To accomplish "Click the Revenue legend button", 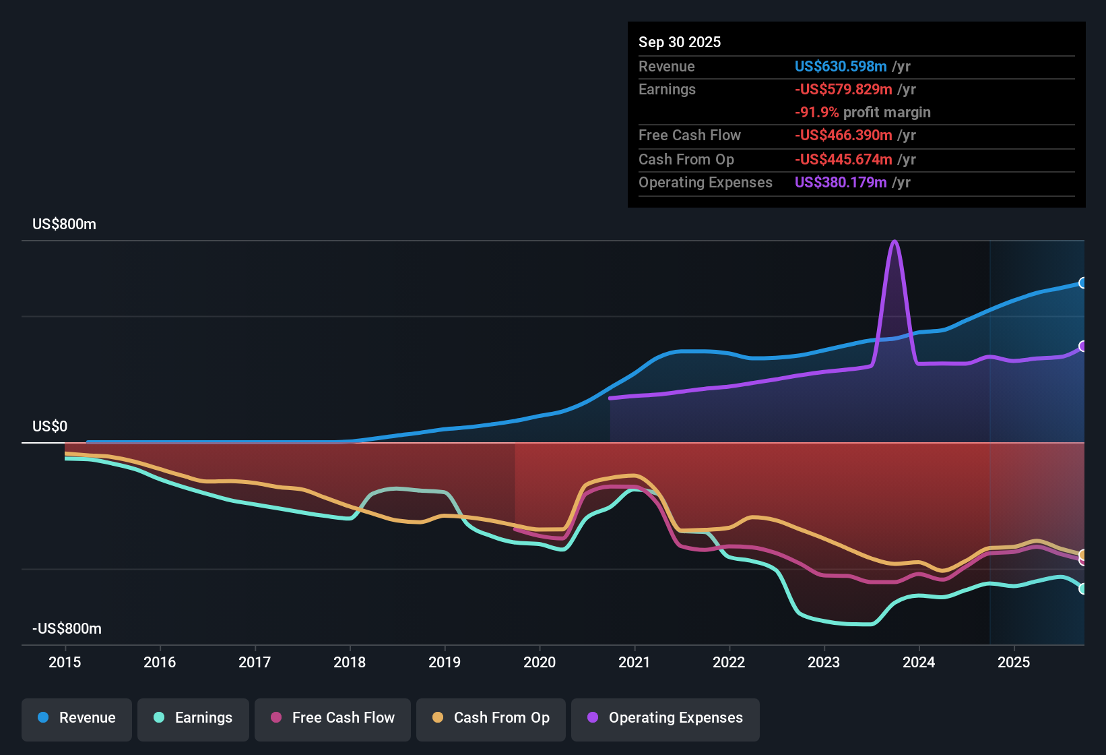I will coord(76,718).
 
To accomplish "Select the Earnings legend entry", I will coord(193,718).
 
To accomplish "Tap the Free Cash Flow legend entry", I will coord(332,718).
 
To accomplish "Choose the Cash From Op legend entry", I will coord(490,718).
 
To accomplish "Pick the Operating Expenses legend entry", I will coord(665,718).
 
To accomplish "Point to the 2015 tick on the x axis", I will coord(65,662).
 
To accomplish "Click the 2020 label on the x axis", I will coord(540,662).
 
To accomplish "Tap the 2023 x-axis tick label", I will coord(824,662).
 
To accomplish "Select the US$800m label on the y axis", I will coord(64,224).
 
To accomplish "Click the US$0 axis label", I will coord(50,427).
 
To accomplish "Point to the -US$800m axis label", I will coord(67,629).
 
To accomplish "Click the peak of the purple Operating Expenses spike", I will coord(894,242).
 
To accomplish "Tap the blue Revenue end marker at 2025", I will coord(1082,283).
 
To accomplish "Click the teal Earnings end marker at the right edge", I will coord(1082,588).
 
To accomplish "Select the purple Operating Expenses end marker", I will coord(1082,346).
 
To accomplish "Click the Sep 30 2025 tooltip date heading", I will coord(679,42).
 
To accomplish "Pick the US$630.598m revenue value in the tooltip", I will coord(840,66).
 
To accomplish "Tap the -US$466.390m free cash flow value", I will coord(843,135).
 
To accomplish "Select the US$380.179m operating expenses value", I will coord(840,183).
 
